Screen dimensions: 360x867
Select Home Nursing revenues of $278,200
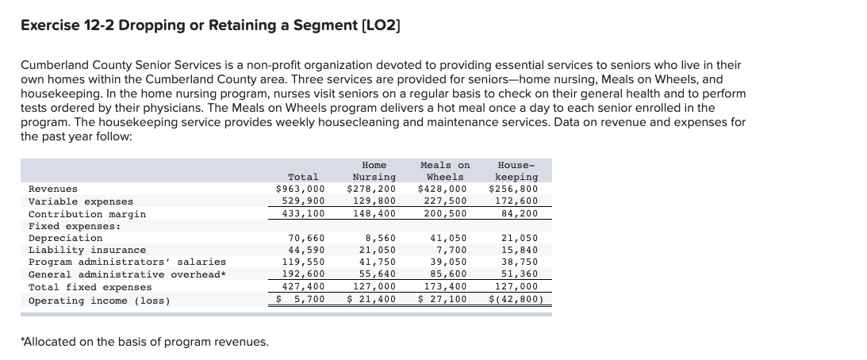(371, 190)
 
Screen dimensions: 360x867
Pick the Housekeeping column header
(516, 170)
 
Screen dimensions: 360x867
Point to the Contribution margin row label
(87, 214)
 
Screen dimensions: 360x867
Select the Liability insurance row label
(87, 250)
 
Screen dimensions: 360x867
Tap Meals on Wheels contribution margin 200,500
(446, 214)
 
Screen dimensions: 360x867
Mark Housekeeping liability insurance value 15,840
(520, 250)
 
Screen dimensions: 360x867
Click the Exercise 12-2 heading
(210, 25)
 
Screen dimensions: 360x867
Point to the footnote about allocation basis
(144, 342)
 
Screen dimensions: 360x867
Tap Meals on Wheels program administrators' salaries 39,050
(448, 262)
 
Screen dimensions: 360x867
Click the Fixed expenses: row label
(75, 226)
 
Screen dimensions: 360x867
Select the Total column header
(303, 177)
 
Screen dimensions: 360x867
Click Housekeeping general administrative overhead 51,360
(520, 274)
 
